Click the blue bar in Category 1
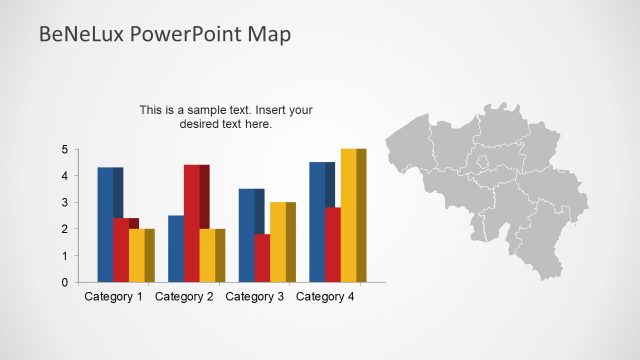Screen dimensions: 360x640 tap(108, 224)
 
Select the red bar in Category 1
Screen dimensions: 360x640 tap(124, 250)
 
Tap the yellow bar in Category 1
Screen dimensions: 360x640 tap(139, 255)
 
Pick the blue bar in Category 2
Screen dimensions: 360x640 tap(177, 248)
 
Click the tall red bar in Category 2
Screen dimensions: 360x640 tap(194, 223)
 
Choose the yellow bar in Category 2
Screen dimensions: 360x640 tap(210, 255)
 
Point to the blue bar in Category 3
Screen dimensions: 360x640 tap(249, 235)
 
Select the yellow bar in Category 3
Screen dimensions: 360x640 tap(280, 242)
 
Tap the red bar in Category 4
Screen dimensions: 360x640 tap(333, 244)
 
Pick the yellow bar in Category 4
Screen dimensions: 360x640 tap(351, 215)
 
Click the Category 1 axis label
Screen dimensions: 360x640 tap(114, 297)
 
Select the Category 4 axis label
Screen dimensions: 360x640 tap(326, 297)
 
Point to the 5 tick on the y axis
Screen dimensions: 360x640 tap(64, 150)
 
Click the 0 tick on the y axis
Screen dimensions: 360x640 tap(64, 283)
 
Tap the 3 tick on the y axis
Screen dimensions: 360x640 tap(64, 203)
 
